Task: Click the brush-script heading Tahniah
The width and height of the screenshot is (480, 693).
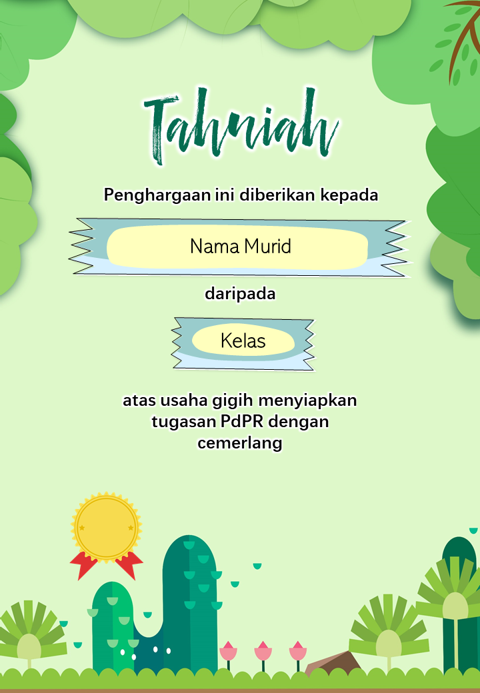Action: [x=241, y=125]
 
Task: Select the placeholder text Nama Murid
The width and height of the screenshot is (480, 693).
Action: [x=241, y=246]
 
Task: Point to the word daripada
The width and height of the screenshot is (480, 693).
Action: [x=240, y=293]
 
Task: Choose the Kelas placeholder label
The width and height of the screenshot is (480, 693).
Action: [x=243, y=341]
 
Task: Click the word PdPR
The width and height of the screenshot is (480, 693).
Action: [x=242, y=421]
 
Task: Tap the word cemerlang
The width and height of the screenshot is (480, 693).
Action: [x=240, y=443]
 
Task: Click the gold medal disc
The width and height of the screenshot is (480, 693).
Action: [x=106, y=527]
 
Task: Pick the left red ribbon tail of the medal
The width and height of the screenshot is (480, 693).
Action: [x=84, y=564]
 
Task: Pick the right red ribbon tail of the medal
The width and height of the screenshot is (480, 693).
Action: [x=129, y=564]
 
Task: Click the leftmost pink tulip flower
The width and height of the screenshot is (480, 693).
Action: [x=228, y=651]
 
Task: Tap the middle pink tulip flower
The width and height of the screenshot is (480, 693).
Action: [x=263, y=651]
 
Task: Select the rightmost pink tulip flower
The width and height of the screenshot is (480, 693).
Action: [x=298, y=651]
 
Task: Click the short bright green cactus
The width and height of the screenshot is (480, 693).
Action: [x=113, y=628]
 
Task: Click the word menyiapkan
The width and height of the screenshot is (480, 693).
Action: [x=307, y=401]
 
